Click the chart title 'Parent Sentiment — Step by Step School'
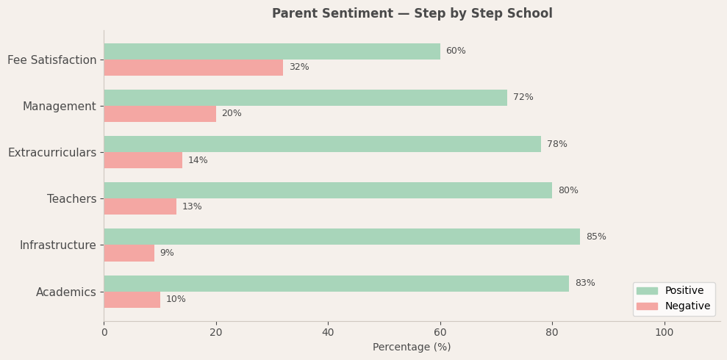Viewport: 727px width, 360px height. (412, 14)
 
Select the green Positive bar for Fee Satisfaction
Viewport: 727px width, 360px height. (272, 51)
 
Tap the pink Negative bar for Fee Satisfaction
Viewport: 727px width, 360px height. (193, 68)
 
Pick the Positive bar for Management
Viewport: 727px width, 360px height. (305, 98)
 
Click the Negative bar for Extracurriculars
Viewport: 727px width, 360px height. (143, 160)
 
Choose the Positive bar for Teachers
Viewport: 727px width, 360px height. (328, 190)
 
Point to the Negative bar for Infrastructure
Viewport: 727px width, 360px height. (129, 253)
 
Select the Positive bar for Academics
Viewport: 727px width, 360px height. (336, 284)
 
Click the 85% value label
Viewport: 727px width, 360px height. (595, 237)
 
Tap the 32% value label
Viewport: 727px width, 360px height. (298, 68)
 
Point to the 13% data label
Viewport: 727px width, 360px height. (192, 206)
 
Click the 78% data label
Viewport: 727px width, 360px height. (556, 144)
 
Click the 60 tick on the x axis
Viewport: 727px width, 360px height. (440, 332)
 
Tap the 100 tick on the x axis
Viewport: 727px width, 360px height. (664, 332)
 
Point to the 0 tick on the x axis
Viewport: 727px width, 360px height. (104, 332)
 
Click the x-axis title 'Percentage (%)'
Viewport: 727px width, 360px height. (412, 347)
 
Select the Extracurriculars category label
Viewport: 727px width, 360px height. (52, 153)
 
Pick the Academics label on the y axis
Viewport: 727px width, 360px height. (66, 292)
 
